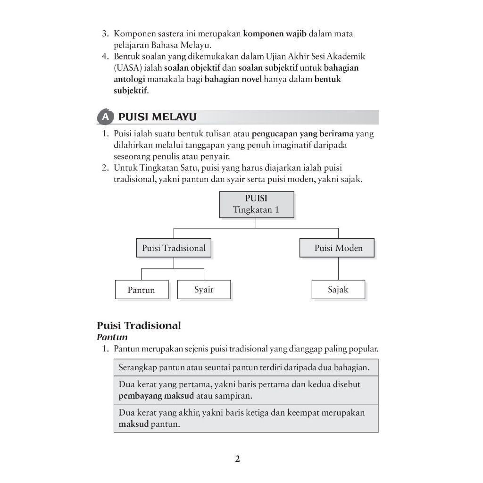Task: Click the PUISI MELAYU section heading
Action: coord(158,117)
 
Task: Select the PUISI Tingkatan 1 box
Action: coord(256,204)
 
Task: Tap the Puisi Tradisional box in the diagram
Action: coord(174,248)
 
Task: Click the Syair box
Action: coord(204,290)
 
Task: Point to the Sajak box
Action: coord(338,290)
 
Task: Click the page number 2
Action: coord(238,459)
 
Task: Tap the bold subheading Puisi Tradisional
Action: coord(139,325)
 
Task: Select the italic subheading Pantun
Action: coord(112,337)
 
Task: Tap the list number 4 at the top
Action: coord(106,57)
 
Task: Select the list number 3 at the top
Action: coord(106,34)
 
